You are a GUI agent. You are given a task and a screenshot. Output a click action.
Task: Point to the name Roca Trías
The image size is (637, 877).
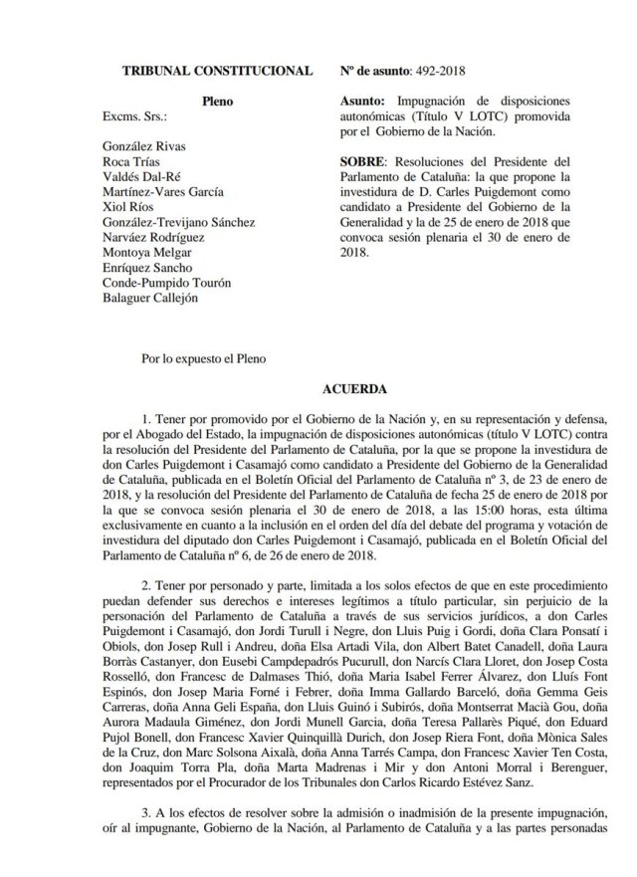[x=132, y=161]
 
